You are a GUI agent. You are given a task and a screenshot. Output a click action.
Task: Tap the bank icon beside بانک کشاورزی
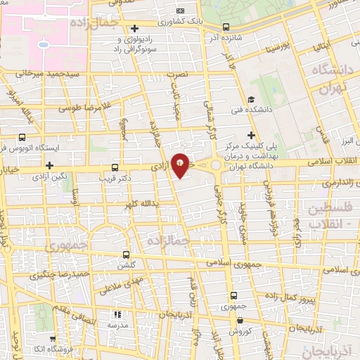181,11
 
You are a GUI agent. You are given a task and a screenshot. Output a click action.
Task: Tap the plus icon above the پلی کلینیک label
251,134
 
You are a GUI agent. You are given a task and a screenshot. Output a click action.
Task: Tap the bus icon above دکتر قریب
115,167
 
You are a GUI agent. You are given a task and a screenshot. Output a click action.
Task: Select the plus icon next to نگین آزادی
49,165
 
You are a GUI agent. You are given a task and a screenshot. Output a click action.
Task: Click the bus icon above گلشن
126,255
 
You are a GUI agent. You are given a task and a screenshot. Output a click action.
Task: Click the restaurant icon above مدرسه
117,314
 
